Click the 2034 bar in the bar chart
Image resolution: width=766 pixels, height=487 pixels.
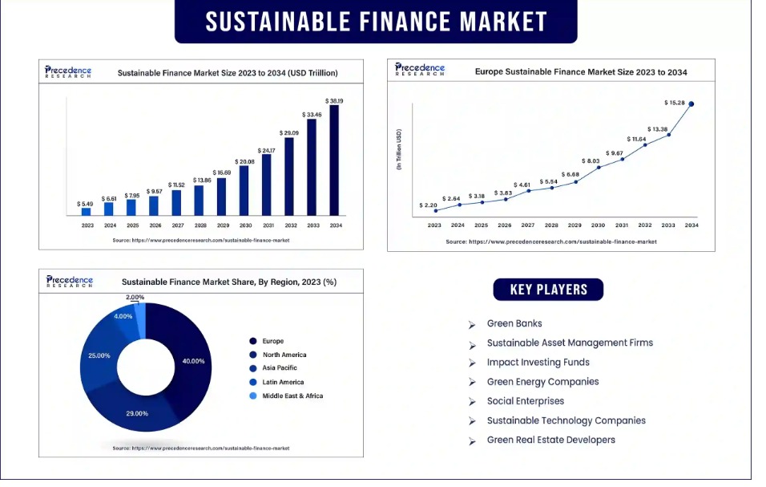tap(334, 160)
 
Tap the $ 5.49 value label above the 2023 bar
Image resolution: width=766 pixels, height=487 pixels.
tap(86, 204)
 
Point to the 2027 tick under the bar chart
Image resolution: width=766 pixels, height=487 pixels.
tap(177, 225)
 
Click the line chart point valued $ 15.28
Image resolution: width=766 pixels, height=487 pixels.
tap(691, 103)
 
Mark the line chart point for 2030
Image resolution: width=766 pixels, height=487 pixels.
tap(599, 167)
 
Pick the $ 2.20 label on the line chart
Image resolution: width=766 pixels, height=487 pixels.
tap(429, 205)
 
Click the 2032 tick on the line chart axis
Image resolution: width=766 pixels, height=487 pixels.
tap(645, 225)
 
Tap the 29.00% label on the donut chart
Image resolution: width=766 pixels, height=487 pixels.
tap(137, 413)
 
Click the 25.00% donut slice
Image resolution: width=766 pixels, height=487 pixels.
tap(100, 357)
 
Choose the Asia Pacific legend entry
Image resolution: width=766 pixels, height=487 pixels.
tap(280, 368)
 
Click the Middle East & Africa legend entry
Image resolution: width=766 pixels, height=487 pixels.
tap(292, 396)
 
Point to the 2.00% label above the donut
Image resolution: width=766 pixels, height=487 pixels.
tap(135, 298)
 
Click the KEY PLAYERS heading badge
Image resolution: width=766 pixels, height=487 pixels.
tap(549, 290)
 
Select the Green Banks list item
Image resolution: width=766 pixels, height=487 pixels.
tap(514, 323)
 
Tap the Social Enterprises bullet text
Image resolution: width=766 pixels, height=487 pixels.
tap(526, 401)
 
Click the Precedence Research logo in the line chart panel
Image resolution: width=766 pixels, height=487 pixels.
tap(420, 70)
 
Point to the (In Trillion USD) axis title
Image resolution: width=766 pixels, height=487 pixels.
tap(399, 148)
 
